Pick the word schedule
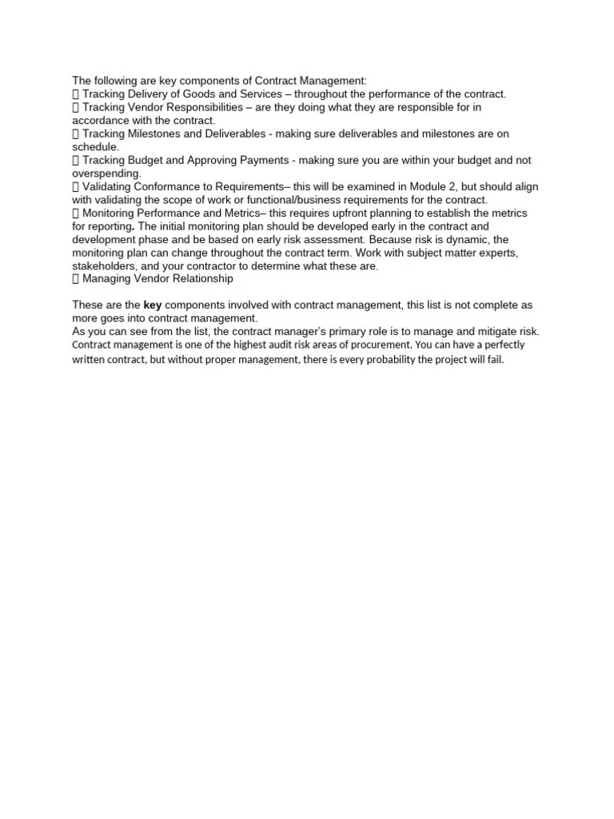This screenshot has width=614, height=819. (94, 146)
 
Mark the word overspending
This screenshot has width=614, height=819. (106, 173)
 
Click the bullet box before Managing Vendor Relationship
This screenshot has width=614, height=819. (76, 279)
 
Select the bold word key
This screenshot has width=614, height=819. (153, 305)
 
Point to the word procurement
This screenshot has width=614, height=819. (381, 345)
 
